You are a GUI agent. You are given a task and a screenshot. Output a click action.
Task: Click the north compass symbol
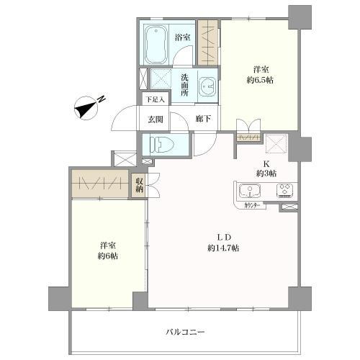point(87,108)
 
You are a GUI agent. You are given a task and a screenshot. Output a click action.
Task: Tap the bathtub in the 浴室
point(156,45)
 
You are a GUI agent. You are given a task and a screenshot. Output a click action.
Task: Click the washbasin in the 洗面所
point(208,86)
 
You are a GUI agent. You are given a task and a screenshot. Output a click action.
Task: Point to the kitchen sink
point(250,192)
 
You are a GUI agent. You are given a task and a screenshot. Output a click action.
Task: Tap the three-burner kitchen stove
point(285,190)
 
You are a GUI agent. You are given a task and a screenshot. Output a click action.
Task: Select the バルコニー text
point(185,333)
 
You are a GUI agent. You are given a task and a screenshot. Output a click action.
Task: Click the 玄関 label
point(155,119)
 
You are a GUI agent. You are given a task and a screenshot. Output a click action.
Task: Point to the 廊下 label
point(203,119)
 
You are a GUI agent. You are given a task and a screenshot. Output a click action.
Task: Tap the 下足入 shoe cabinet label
point(156,99)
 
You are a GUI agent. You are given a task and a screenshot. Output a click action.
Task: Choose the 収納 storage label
point(139,185)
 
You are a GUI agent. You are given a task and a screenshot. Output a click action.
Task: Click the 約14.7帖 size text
point(223,248)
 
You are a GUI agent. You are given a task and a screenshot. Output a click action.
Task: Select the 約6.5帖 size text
point(260,80)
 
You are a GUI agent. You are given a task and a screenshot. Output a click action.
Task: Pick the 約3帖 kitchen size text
point(266,174)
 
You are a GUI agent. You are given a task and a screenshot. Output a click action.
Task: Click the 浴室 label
point(183,37)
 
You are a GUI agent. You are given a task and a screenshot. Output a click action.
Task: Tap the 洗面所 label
point(184,85)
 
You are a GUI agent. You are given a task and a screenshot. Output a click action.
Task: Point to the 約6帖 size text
point(108,256)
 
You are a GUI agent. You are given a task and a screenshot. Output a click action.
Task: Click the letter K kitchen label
point(266,164)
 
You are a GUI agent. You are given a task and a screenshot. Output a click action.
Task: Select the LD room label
point(224,238)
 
